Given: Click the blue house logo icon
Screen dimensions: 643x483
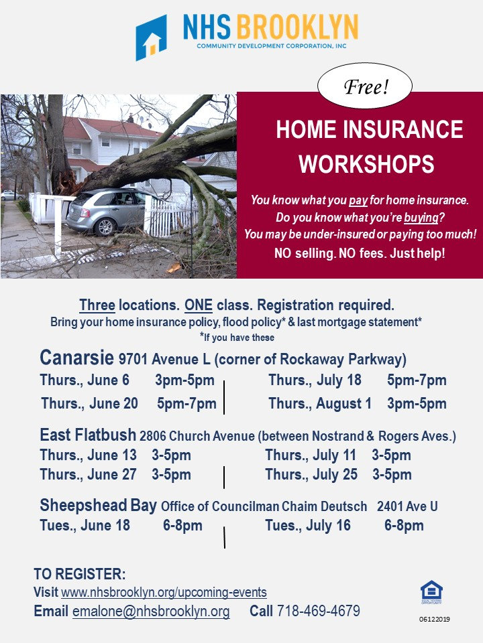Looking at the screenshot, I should pos(151,38).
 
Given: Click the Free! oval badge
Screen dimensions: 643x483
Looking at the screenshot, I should pos(366,87).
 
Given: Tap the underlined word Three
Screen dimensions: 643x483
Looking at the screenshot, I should pos(97,305).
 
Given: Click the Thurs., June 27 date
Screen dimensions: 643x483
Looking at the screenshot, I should pos(88,475).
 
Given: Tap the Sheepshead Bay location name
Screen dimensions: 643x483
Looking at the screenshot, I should pos(98,505).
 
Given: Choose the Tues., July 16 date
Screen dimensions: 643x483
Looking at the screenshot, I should pos(308,526).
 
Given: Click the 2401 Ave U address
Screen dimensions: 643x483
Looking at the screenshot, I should pos(407,506).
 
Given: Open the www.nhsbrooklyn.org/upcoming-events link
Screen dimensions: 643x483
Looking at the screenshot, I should pos(164,593).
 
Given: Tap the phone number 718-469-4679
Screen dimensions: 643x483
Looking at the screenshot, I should pos(319,612).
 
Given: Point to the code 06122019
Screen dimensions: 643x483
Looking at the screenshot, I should pos(434,620).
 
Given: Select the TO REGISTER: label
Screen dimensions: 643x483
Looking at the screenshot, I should pos(79,575).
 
